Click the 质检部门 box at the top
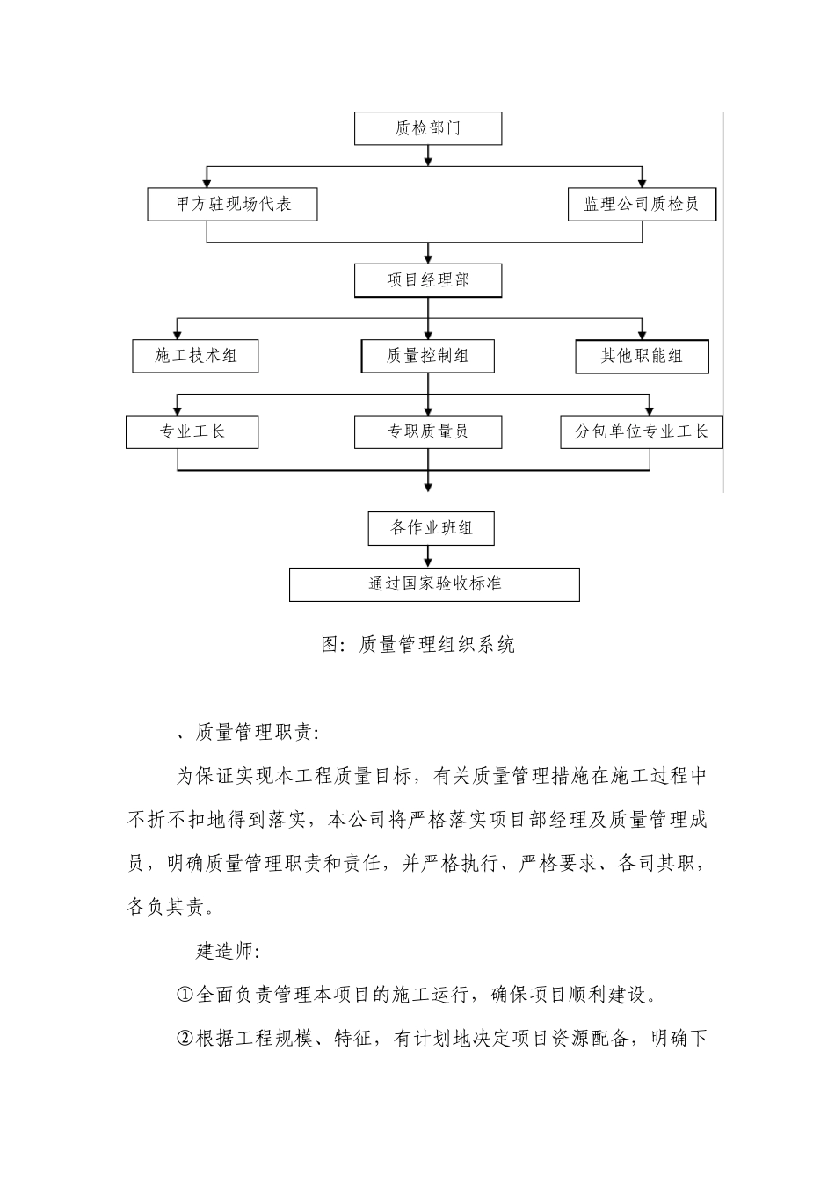(x=428, y=128)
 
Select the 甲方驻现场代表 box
(x=232, y=204)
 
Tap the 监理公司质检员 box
(x=642, y=204)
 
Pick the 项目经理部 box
(x=428, y=280)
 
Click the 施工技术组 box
(x=196, y=356)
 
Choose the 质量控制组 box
(x=428, y=356)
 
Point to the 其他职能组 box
(x=642, y=357)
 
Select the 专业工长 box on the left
(x=192, y=432)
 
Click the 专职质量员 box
(x=428, y=432)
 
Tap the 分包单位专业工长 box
(x=642, y=432)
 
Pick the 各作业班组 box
(x=431, y=528)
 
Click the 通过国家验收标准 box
(x=434, y=584)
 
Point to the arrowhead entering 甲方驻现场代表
(x=207, y=182)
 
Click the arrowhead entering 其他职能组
(x=643, y=334)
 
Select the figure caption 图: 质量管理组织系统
(x=418, y=645)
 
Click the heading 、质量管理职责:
(x=249, y=732)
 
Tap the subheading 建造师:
(x=226, y=952)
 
